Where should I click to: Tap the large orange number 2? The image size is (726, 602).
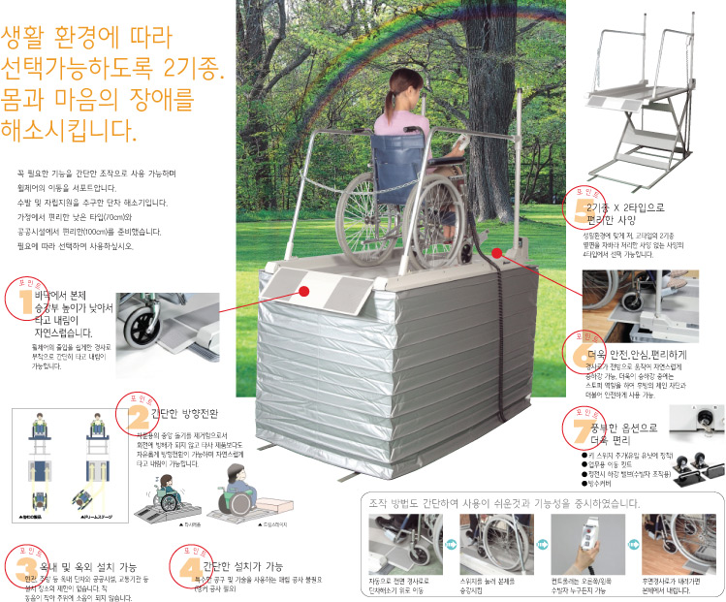[137, 416]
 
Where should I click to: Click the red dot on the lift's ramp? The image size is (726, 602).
[303, 290]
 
